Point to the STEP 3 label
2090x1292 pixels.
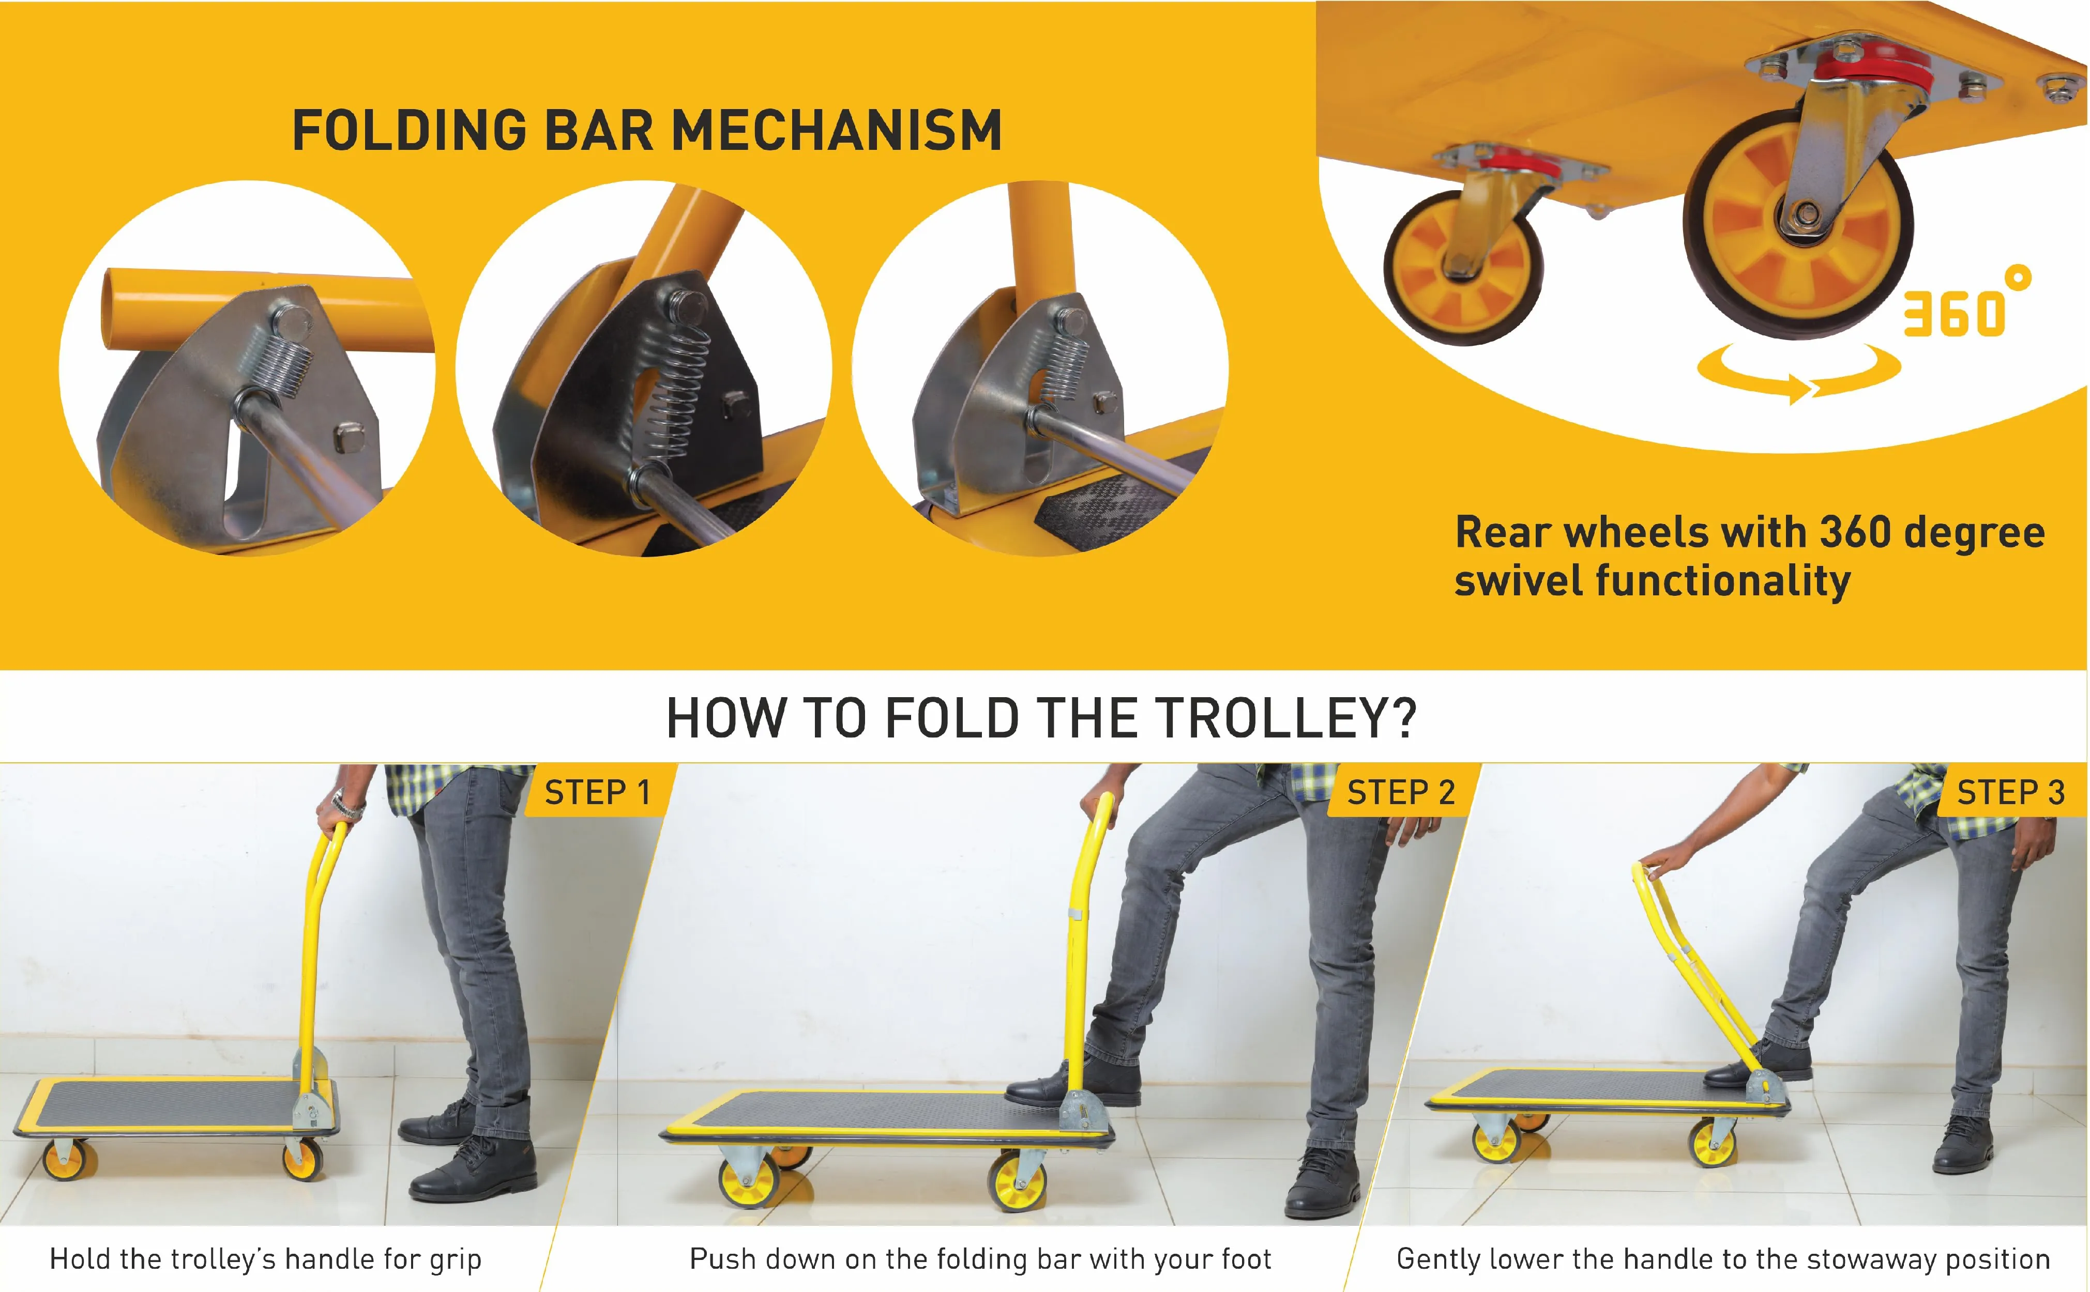coord(2010,793)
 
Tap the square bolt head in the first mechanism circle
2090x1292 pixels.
coord(349,438)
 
